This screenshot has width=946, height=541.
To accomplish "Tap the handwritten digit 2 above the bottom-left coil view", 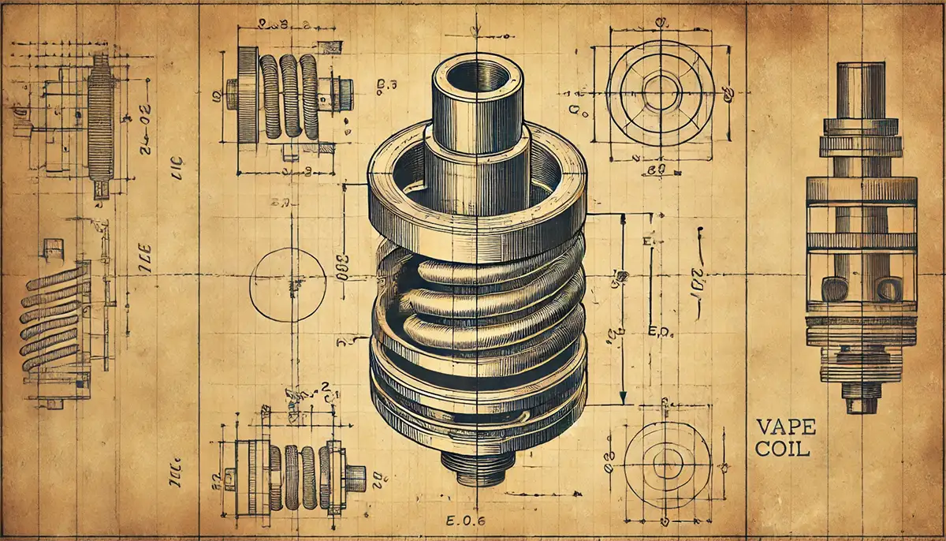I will pos(324,387).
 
